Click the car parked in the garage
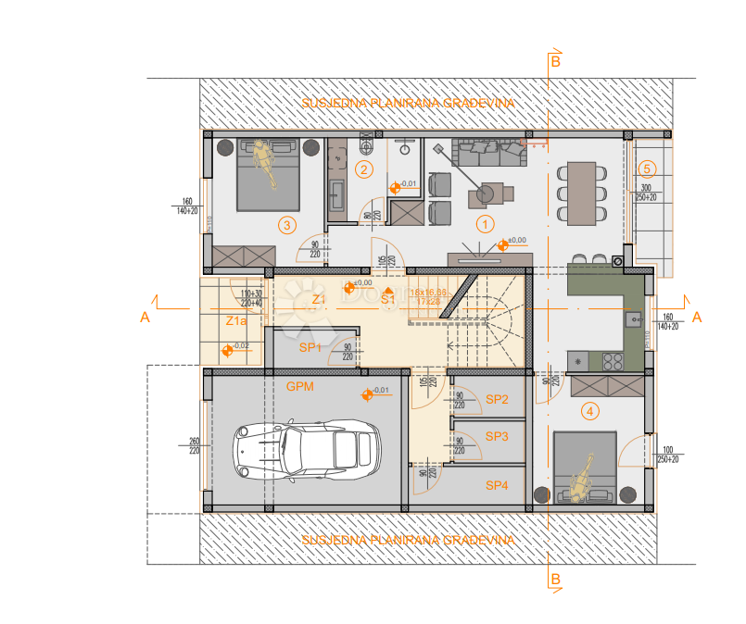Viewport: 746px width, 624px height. coord(305,450)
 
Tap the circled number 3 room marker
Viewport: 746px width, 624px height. coord(287,224)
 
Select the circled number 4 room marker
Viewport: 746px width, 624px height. coord(589,410)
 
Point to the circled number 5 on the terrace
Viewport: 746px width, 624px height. coord(648,168)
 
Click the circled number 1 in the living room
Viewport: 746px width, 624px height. coord(484,223)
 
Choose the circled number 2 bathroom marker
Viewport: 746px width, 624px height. coord(364,168)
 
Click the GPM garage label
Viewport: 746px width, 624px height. coord(300,386)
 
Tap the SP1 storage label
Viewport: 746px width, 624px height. coord(310,347)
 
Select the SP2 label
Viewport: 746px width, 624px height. coord(498,399)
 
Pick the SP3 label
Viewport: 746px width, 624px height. coord(498,435)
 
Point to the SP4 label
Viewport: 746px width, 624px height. coord(498,485)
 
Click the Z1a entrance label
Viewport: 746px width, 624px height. coord(236,321)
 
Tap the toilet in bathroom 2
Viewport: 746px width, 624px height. coord(364,145)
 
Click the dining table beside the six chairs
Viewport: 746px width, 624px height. coord(582,193)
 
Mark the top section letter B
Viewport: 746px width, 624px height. coord(555,62)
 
